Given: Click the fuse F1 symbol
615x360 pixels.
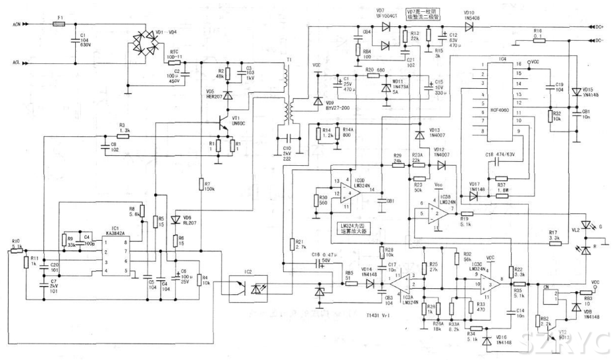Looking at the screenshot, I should (60, 24).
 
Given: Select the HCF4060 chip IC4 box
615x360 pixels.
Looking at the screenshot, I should (502, 99).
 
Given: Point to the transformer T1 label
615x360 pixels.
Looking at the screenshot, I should (288, 59).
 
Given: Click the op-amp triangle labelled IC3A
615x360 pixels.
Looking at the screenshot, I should (400, 284).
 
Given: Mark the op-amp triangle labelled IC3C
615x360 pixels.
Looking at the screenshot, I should (489, 284).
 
